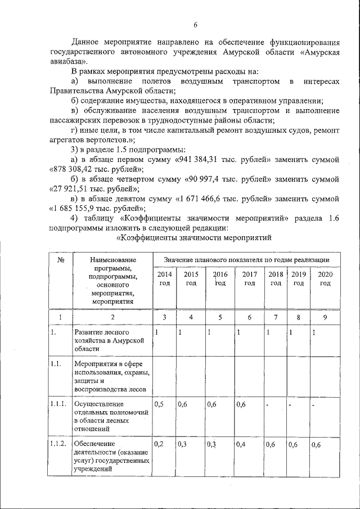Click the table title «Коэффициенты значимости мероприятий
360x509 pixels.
click(x=193, y=238)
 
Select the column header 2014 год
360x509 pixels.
click(x=164, y=278)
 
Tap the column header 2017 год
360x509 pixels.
click(x=249, y=278)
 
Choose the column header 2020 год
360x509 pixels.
click(x=325, y=278)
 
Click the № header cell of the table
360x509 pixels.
click(x=60, y=259)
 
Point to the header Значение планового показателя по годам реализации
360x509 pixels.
click(x=246, y=259)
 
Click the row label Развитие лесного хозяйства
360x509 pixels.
click(x=110, y=341)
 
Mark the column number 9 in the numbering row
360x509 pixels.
click(x=325, y=317)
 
